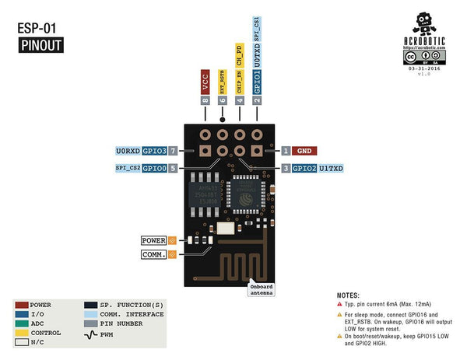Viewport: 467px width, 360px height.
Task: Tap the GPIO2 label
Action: coord(304,168)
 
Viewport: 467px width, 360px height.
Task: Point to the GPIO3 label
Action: coord(155,150)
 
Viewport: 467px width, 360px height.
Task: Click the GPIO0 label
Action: coord(155,168)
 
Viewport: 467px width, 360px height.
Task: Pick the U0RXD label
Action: coord(128,150)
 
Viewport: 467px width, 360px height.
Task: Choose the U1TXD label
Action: coord(332,168)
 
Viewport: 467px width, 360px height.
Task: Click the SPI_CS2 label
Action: coord(128,168)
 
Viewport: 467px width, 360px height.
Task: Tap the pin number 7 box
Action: coord(174,150)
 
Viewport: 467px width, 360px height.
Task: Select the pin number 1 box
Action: coord(286,150)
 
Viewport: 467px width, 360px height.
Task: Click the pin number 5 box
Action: coord(174,168)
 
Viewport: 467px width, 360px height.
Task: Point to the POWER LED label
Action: coord(153,240)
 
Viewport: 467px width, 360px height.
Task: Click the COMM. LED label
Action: coord(153,254)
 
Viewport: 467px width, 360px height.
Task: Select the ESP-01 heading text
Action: coord(37,28)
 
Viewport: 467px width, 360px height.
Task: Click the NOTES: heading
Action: coord(348,296)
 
